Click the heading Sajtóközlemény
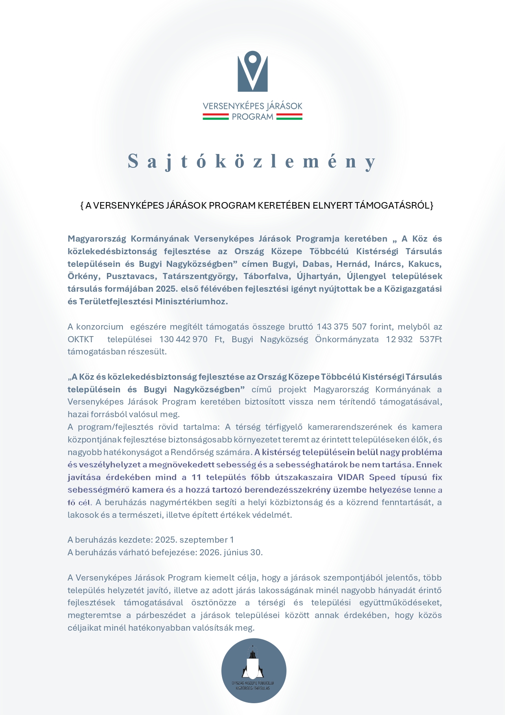point(252,161)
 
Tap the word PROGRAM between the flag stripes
point(252,117)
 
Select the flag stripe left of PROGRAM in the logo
point(216,117)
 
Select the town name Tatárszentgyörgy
point(199,277)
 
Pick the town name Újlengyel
point(366,277)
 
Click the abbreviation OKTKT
point(81,339)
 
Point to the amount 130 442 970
point(184,339)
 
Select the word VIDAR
point(351,477)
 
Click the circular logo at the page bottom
point(254,671)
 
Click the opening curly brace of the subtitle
point(82,205)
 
